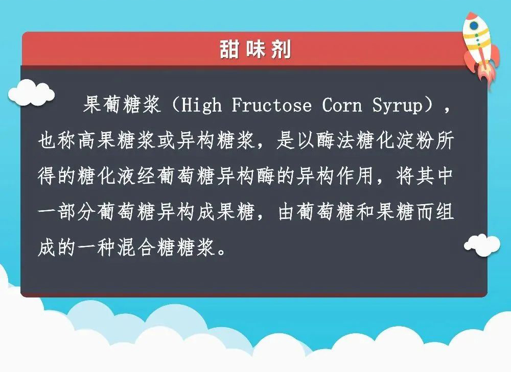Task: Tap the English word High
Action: [202, 106]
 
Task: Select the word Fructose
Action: [272, 105]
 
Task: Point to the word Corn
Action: [342, 105]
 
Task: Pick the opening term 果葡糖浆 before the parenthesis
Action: [122, 105]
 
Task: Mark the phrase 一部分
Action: [67, 212]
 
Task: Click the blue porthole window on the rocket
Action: [474, 26]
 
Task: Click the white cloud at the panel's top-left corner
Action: [31, 93]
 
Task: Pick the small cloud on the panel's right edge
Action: [482, 245]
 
